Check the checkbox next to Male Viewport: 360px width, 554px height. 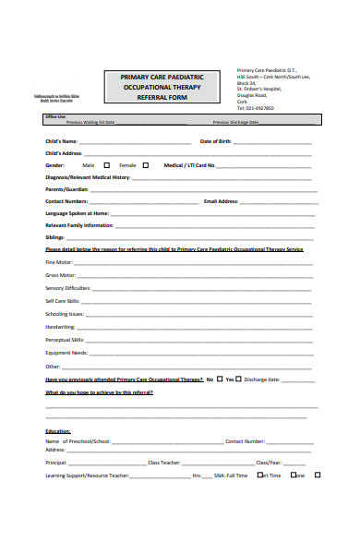pyautogui.click(x=106, y=165)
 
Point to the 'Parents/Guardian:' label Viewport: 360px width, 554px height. pyautogui.click(x=66, y=188)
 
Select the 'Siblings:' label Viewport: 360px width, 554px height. pyautogui.click(x=55, y=236)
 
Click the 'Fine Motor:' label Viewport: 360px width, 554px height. pyautogui.click(x=58, y=262)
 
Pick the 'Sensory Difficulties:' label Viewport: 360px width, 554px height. pyautogui.click(x=67, y=288)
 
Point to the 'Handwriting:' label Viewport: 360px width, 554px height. pyautogui.click(x=61, y=326)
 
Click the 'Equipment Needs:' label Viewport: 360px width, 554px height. pyautogui.click(x=66, y=352)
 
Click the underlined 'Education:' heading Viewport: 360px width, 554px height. pyautogui.click(x=58, y=431)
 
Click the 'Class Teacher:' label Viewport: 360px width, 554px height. pyautogui.click(x=164, y=462)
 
